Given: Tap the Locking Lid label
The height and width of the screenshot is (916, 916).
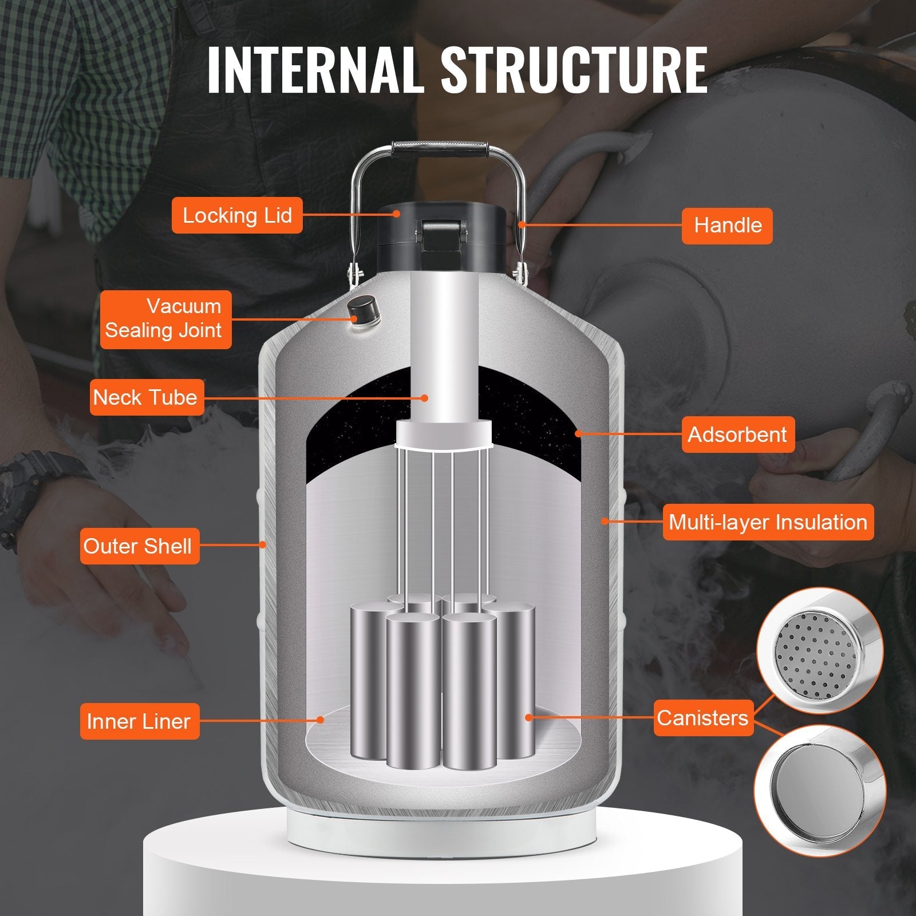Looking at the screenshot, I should [237, 215].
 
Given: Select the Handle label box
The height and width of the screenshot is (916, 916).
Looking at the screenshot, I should [727, 225].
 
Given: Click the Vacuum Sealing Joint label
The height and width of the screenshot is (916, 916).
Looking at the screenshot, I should [165, 319].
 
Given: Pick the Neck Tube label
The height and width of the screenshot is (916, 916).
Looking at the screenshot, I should [145, 397].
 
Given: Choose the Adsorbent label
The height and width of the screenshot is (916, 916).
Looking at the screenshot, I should [737, 435].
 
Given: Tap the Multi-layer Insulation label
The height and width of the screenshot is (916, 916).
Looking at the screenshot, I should [768, 522].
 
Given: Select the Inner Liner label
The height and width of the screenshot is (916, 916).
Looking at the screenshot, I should [139, 721].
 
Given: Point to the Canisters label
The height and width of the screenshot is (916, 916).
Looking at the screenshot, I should [702, 717].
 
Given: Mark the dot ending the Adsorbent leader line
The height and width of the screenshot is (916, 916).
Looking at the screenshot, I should [578, 434].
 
